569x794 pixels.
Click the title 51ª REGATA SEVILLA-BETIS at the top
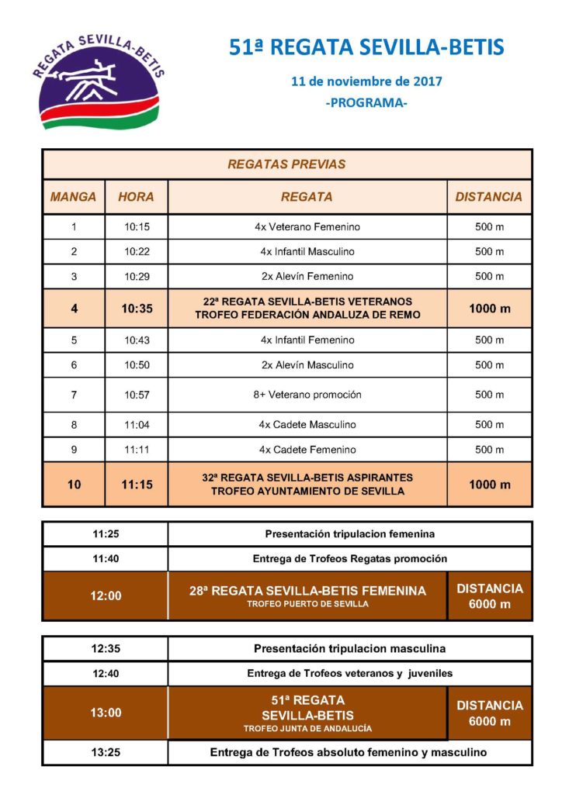pyautogui.click(x=366, y=48)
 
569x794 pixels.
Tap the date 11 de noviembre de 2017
pyautogui.click(x=366, y=81)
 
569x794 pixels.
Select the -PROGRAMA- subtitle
pyautogui.click(x=366, y=102)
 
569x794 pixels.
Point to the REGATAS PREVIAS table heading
pyautogui.click(x=286, y=164)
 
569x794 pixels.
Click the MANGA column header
pyautogui.click(x=74, y=197)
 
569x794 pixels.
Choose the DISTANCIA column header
pyautogui.click(x=489, y=197)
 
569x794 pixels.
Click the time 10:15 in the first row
pyautogui.click(x=136, y=227)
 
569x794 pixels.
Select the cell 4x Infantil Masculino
pyautogui.click(x=307, y=252)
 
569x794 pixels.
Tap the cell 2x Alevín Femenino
pyautogui.click(x=307, y=276)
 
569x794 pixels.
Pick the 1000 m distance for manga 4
pyautogui.click(x=489, y=308)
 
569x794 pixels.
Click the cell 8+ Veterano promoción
pyautogui.click(x=307, y=395)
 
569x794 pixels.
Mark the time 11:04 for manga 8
pyautogui.click(x=136, y=425)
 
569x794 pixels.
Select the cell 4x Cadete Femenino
pyautogui.click(x=307, y=450)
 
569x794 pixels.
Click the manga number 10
pyautogui.click(x=74, y=485)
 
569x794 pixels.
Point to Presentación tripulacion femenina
pyautogui.click(x=349, y=533)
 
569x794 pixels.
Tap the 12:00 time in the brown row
pyautogui.click(x=106, y=595)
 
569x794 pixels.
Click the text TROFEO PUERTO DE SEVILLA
pyautogui.click(x=307, y=605)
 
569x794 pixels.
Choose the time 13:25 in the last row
pyautogui.click(x=106, y=752)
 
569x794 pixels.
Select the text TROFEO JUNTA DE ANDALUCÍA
pyautogui.click(x=307, y=729)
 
